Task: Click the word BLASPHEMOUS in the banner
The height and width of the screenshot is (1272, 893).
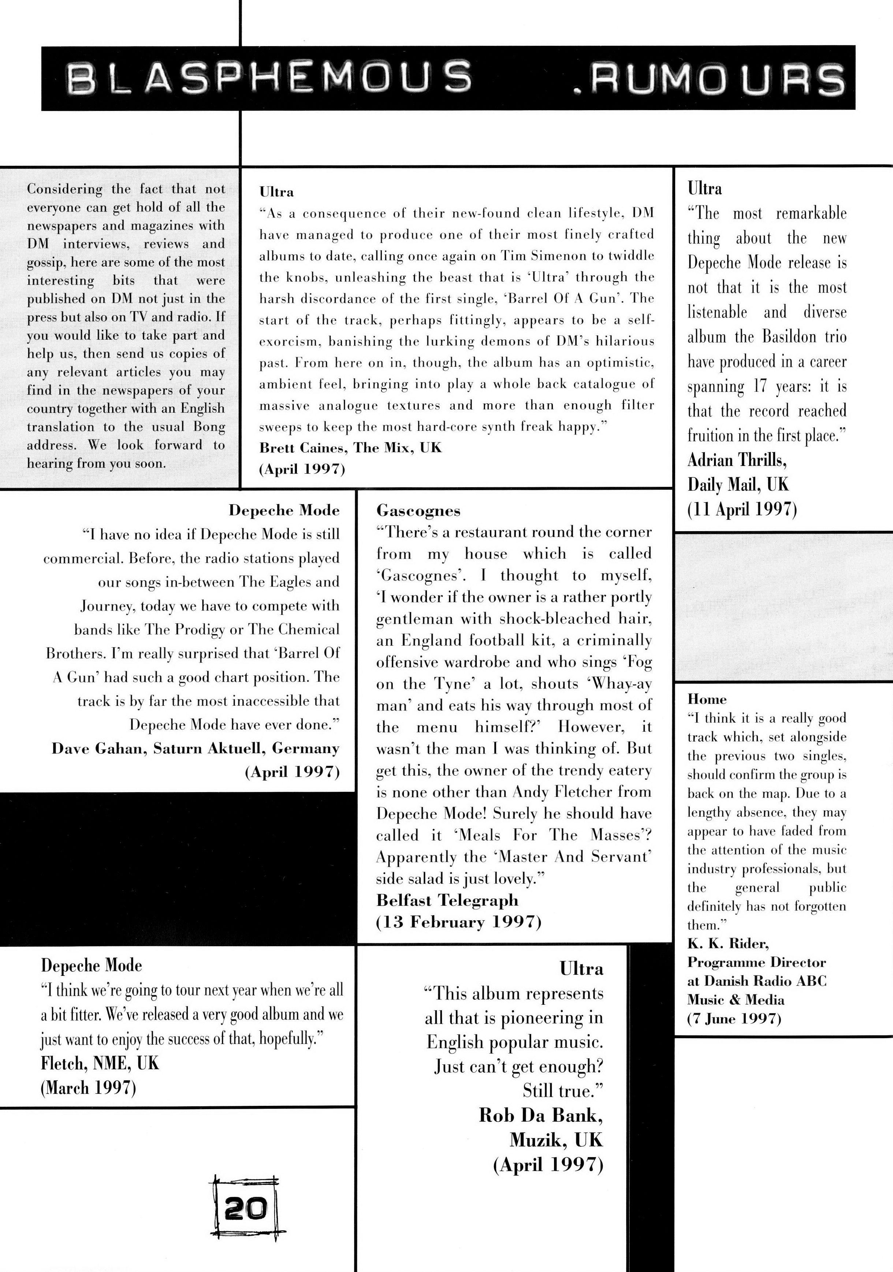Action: pyautogui.click(x=269, y=78)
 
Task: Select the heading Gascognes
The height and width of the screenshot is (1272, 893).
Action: pyautogui.click(x=418, y=510)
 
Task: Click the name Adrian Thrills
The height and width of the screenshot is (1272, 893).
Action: pyautogui.click(x=737, y=460)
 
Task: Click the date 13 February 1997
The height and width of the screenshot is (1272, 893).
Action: pyautogui.click(x=458, y=922)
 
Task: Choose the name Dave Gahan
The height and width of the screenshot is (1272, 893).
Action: pyautogui.click(x=98, y=749)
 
